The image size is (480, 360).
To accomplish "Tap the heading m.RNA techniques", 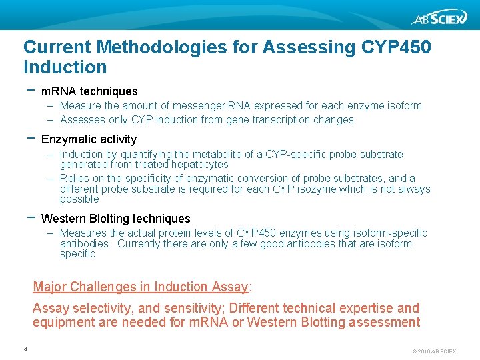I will pos(89,91).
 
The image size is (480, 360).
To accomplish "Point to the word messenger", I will pos(203,106).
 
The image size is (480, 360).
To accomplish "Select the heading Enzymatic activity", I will pos(89,139).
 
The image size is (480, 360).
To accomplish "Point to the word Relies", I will pos(75,179).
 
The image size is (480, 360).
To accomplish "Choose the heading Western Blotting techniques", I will pos(115,219).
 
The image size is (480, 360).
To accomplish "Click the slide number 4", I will pos(25,349).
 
